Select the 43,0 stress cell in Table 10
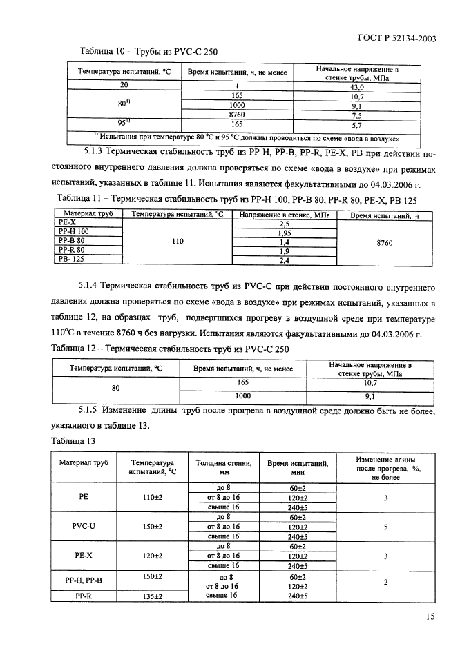click(x=357, y=88)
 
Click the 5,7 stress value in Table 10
click(x=357, y=126)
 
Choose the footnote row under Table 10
click(x=247, y=137)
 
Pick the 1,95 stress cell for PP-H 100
click(x=284, y=233)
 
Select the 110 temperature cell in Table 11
click(x=178, y=242)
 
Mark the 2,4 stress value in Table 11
click(x=284, y=260)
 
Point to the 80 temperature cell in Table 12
click(x=116, y=388)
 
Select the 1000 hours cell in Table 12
click(x=242, y=396)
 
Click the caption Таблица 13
click(x=73, y=439)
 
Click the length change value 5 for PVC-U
click(x=385, y=526)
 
